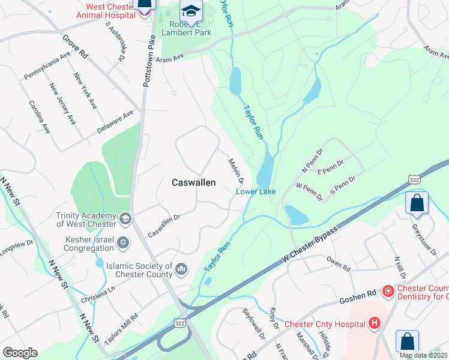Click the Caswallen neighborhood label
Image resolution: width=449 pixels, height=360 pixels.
193,182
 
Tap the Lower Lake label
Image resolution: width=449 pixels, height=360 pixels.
256,192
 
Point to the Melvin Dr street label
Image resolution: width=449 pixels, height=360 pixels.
236,171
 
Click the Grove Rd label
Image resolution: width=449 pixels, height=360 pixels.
75,46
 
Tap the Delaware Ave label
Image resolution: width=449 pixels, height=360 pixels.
116,122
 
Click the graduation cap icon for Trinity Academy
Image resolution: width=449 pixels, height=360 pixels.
125,217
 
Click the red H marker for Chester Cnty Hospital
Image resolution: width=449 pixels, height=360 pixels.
375,324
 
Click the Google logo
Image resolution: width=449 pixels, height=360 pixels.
20,353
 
